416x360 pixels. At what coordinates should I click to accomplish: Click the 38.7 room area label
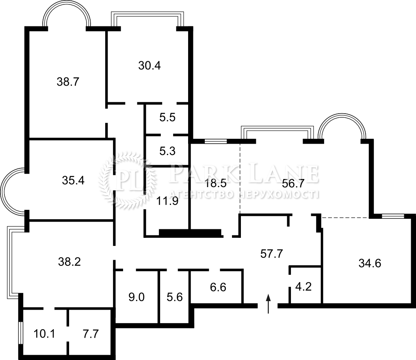click(x=68, y=82)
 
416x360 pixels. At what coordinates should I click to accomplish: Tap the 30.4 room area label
click(x=149, y=65)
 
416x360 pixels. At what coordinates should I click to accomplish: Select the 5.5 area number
click(x=167, y=117)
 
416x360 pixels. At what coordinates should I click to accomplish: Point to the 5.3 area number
click(x=167, y=151)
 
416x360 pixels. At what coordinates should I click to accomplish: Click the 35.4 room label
click(x=73, y=181)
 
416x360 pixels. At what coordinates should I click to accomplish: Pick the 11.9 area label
click(x=167, y=201)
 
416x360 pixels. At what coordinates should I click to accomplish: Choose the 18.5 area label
click(x=215, y=183)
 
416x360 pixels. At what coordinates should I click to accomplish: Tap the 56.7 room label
click(x=293, y=183)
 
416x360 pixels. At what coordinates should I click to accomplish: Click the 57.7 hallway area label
click(x=272, y=254)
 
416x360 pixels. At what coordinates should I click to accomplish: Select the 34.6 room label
click(x=370, y=263)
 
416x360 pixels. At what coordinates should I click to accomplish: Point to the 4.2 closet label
click(x=303, y=287)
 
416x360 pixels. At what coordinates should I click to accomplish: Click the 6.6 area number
click(x=218, y=287)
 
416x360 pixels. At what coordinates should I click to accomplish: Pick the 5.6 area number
click(x=175, y=297)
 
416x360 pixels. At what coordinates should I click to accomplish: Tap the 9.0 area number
click(x=136, y=297)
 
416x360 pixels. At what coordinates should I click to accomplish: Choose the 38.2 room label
click(x=69, y=262)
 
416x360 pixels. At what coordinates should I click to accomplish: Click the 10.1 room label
click(x=44, y=334)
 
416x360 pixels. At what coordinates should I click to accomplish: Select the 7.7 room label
click(x=91, y=334)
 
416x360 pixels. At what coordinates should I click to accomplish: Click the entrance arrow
click(x=269, y=304)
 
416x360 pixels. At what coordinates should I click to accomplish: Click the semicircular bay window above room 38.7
click(x=67, y=4)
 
